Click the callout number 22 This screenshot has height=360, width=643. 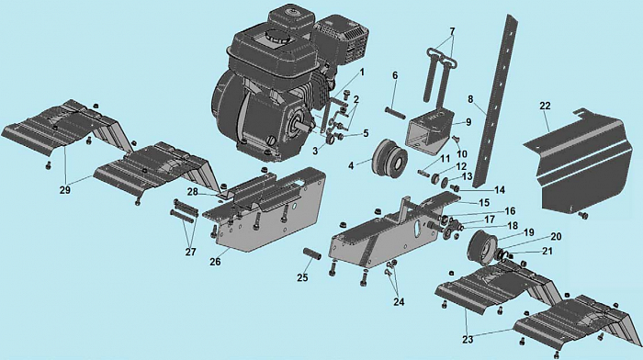tap(545, 107)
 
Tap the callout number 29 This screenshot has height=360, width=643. tap(65, 190)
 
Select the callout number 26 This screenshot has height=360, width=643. tap(215, 262)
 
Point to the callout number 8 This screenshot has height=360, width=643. tap(470, 99)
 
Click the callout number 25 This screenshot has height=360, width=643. tap(302, 277)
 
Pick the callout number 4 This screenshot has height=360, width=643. tap(351, 166)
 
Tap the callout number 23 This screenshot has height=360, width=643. tap(468, 340)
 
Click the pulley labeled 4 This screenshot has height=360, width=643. tap(389, 159)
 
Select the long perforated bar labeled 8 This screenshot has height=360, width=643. tap(494, 100)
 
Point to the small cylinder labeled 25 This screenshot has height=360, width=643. tap(312, 253)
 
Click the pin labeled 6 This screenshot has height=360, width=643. tap(395, 111)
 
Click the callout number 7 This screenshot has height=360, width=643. tap(452, 31)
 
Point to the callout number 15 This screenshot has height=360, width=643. tap(484, 203)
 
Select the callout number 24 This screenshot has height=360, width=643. tap(399, 302)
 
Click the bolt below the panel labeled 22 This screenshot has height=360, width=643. tap(582, 215)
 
